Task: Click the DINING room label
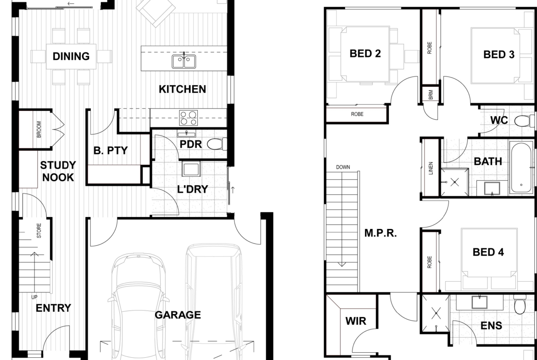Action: click(71, 56)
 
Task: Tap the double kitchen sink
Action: click(184, 61)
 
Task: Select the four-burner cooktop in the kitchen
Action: click(189, 118)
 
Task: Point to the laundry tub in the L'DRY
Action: click(191, 169)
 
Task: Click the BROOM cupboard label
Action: click(39, 129)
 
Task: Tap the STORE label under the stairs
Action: click(39, 231)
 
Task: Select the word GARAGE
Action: click(178, 315)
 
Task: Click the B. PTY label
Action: click(110, 150)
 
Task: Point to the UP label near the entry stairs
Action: click(34, 297)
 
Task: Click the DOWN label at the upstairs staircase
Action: click(343, 167)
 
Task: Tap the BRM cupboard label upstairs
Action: click(431, 94)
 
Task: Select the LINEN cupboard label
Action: click(431, 168)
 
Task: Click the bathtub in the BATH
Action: click(521, 168)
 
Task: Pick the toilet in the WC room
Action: click(524, 121)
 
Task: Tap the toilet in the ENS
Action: click(520, 305)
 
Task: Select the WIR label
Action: click(356, 321)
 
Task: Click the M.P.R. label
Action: click(380, 233)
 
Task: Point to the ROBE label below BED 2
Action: click(357, 114)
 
